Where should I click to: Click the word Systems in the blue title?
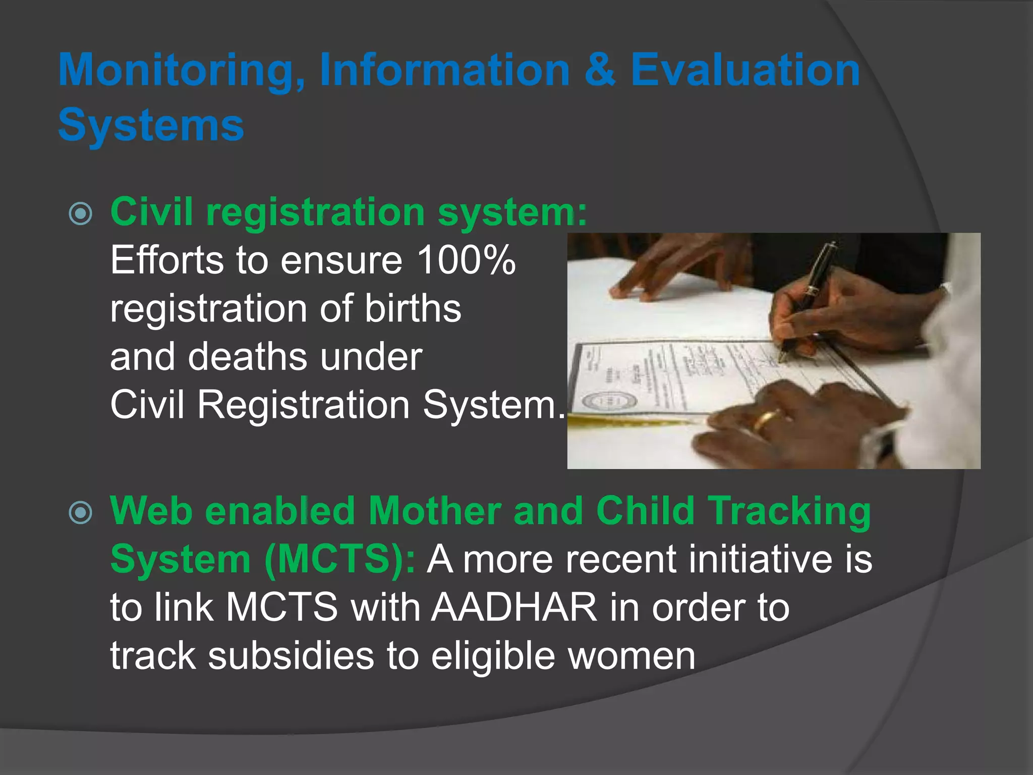click(151, 125)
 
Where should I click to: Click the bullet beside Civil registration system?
click(81, 213)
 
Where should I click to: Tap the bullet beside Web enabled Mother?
click(81, 513)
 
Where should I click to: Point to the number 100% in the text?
click(466, 260)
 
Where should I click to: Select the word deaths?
click(248, 357)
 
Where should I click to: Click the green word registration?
click(315, 212)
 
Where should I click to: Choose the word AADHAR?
click(514, 607)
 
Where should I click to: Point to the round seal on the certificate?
click(610, 402)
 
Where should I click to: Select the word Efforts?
click(167, 260)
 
